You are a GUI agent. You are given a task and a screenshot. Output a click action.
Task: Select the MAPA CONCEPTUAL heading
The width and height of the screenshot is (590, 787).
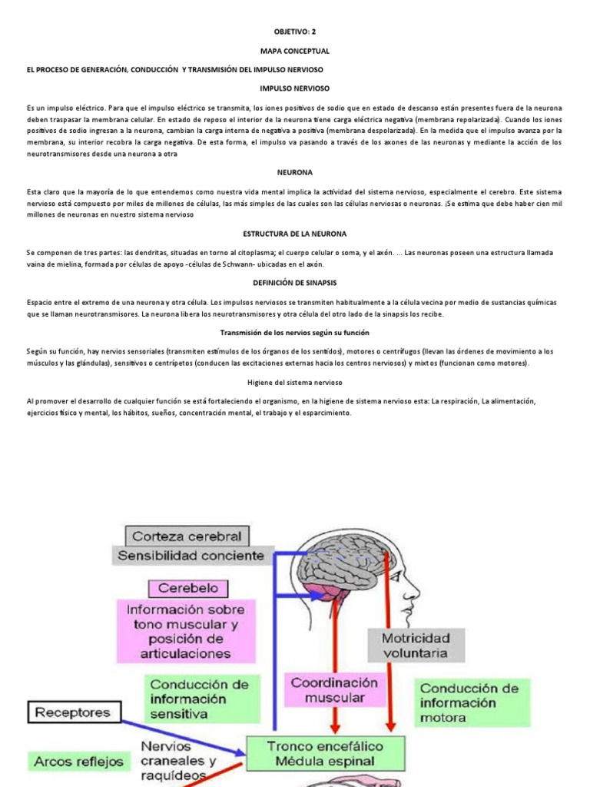[x=295, y=51]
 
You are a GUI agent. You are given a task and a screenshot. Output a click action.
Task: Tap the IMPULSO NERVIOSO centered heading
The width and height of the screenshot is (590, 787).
[x=295, y=88]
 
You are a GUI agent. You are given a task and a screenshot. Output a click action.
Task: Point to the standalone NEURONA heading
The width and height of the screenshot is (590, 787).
[x=295, y=173]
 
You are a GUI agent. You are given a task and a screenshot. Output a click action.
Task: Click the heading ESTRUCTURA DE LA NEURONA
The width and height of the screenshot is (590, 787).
[x=295, y=233]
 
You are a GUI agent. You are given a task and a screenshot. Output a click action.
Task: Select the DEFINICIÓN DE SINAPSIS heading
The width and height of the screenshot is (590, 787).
[x=295, y=283]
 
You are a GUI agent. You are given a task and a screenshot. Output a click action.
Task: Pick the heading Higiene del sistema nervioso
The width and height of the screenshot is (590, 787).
[x=295, y=382]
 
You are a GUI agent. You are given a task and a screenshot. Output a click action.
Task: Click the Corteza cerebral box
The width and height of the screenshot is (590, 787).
[x=187, y=536]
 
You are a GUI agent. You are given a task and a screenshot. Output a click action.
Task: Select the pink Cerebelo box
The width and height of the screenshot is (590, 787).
[x=188, y=589]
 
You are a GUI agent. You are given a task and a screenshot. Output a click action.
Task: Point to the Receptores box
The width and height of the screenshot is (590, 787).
[x=74, y=712]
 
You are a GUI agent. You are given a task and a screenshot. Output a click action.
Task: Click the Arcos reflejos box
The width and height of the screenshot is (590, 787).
[x=78, y=762]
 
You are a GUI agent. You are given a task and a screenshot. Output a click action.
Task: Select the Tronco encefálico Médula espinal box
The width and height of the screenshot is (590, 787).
[x=324, y=753]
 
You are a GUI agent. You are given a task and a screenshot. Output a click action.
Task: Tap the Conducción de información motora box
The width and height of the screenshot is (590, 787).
[x=469, y=702]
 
